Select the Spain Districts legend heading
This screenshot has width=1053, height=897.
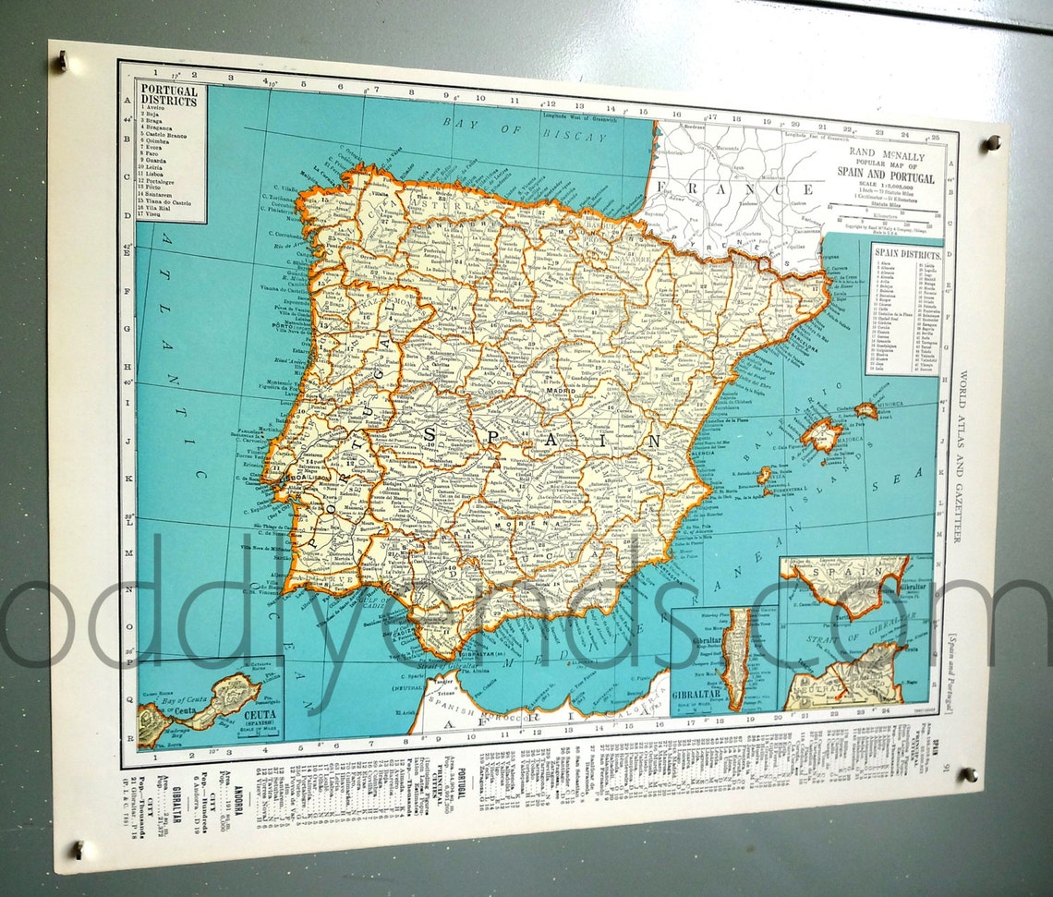pyautogui.click(x=906, y=254)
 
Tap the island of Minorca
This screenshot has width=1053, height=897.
pyautogui.click(x=865, y=409)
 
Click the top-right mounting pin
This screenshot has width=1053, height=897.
pyautogui.click(x=993, y=142)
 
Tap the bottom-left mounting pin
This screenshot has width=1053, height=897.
pyautogui.click(x=79, y=847)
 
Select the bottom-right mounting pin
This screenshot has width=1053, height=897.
pyautogui.click(x=967, y=774)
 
